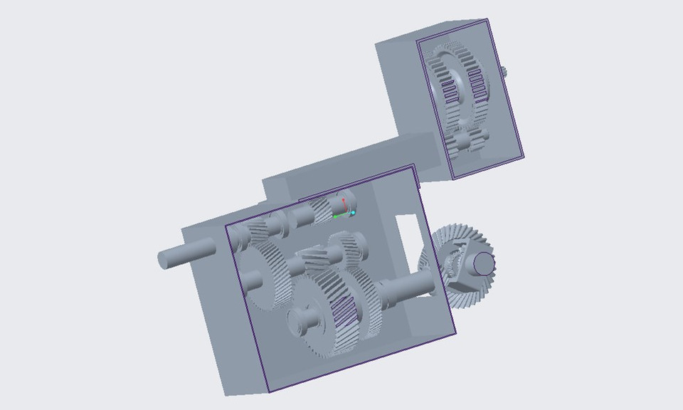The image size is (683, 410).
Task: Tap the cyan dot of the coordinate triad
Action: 353,213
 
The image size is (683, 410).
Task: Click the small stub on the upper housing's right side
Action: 504,71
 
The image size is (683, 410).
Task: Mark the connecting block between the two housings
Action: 356,160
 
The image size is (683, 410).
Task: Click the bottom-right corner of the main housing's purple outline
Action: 455,334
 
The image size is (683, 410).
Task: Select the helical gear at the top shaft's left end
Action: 259,232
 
